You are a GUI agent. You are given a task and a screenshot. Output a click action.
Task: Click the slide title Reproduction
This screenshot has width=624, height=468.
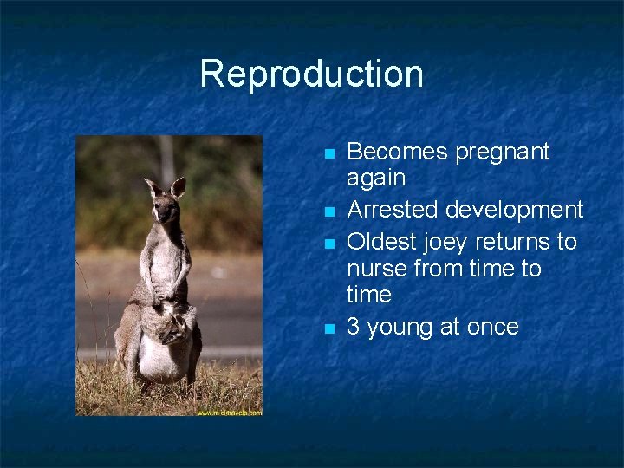pos(311,74)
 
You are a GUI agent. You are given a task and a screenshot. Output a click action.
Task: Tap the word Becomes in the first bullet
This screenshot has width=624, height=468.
pos(390,152)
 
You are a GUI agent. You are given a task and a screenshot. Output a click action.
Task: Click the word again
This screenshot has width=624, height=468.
pos(376,179)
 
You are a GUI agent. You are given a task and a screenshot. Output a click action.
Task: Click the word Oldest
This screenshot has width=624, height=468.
pos(380,240)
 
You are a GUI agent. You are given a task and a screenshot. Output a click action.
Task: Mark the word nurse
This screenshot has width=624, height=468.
pos(378,269)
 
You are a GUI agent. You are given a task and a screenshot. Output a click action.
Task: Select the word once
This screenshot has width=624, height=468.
pos(492,327)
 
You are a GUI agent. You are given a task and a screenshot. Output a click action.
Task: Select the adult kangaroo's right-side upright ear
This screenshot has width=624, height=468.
pos(178,186)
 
